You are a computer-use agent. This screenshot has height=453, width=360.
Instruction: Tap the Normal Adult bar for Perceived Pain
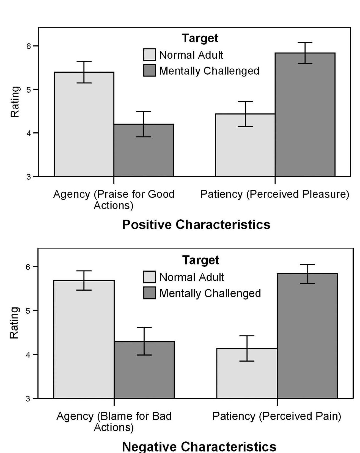coord(247,377)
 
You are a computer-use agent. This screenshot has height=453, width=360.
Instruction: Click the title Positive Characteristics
coord(196,225)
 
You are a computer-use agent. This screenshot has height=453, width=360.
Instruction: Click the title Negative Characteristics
coord(199,446)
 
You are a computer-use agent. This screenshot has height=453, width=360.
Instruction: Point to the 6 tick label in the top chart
coord(29,46)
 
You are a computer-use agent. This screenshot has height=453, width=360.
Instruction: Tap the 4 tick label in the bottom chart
coord(28,354)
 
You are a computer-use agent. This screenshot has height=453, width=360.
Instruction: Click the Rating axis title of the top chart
coord(15,102)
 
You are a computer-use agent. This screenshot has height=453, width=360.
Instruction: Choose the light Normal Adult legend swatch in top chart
coord(149,54)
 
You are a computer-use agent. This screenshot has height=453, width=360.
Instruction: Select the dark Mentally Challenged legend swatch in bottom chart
coord(149,293)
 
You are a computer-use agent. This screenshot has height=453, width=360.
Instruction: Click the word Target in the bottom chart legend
coord(201,260)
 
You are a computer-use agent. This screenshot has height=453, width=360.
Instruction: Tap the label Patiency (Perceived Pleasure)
coord(274,194)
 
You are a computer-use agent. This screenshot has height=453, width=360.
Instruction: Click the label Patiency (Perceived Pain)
coord(277,416)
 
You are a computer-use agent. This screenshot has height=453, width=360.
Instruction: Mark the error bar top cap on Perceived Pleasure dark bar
coord(305,43)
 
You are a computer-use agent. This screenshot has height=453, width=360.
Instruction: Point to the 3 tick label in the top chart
coord(29,177)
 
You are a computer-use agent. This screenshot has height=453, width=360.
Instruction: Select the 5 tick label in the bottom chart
coord(28,311)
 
